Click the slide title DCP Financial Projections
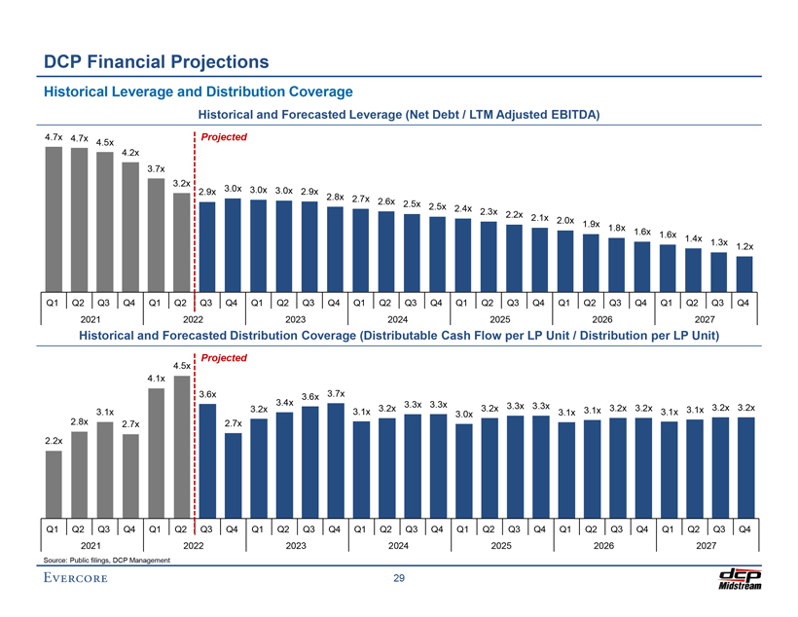point(156,62)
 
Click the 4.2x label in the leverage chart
point(131,153)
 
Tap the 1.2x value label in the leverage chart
point(745,246)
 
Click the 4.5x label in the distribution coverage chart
point(182,366)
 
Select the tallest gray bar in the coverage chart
point(181,443)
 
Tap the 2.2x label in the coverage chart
point(54,441)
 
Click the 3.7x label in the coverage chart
point(337,392)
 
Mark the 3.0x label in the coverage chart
point(464,415)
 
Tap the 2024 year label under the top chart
point(398,318)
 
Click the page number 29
point(399,580)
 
